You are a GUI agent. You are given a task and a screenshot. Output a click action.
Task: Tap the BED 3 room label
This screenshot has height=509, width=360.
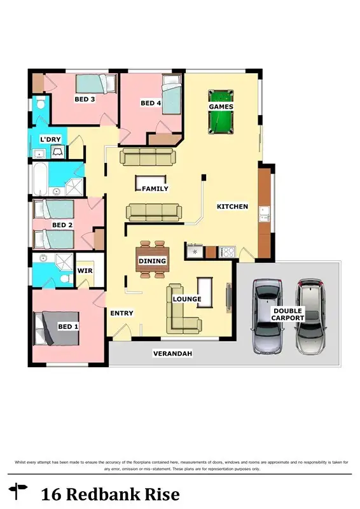coord(85,99)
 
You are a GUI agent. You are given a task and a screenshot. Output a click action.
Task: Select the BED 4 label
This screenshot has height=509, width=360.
coord(151,103)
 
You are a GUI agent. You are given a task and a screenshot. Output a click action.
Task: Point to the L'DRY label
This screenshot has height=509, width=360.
coord(51,139)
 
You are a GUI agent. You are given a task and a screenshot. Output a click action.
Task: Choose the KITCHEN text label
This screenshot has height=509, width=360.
coord(232,207)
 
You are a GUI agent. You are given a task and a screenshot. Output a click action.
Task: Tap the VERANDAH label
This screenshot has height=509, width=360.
coord(172,354)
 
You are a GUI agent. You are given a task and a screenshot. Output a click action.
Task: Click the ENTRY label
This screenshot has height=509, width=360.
coord(121,313)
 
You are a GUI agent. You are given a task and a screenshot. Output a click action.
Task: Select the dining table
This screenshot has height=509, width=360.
coord(152,260)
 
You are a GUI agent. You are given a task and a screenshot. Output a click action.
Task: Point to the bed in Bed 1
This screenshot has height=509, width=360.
coord(57,328)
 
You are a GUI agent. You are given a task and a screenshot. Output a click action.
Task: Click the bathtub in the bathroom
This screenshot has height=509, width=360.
coord(39,181)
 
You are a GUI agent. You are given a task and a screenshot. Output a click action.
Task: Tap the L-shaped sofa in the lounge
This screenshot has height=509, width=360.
coord(181,310)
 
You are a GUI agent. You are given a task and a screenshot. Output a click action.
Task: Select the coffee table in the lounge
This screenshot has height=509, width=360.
coord(205,292)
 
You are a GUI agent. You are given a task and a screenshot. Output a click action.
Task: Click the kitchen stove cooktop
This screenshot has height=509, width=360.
coord(227,253)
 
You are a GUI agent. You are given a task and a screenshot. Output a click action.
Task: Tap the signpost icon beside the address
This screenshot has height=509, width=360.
coord(19,491)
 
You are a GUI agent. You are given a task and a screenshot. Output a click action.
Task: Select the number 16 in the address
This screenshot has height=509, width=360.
coord(52,494)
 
